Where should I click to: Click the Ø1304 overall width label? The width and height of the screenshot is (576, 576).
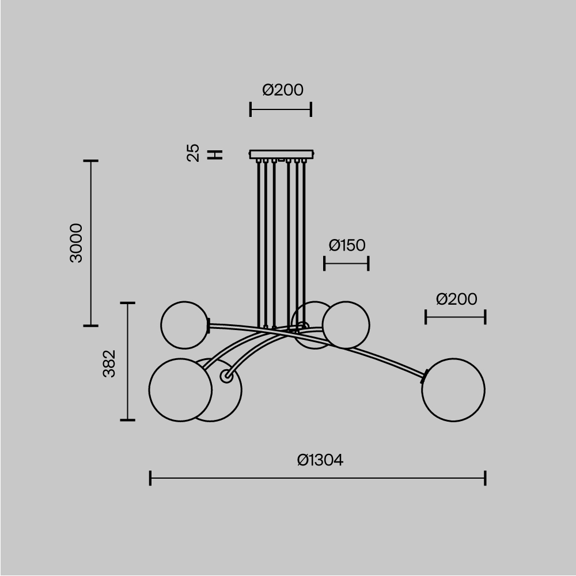(320, 460)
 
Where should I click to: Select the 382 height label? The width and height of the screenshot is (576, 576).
(109, 363)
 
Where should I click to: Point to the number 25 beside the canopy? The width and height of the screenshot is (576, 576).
(194, 153)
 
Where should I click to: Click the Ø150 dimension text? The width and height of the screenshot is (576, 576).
(347, 245)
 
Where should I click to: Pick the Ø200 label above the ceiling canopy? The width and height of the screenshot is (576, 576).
(282, 90)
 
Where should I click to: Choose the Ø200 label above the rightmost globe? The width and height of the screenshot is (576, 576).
(456, 299)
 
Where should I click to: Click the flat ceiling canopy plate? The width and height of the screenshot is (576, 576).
(282, 154)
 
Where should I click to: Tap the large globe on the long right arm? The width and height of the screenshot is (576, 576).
(453, 390)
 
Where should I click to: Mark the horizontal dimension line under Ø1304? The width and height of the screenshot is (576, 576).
(317, 478)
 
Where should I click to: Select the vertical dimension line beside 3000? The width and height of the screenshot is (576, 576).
(90, 243)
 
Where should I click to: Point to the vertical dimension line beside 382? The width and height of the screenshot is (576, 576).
(127, 361)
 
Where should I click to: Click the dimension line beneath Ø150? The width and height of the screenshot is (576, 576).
(346, 264)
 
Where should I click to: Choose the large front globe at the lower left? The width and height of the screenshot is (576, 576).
(180, 390)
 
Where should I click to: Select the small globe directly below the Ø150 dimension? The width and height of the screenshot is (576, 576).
(346, 325)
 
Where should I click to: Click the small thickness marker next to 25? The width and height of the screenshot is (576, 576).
(215, 154)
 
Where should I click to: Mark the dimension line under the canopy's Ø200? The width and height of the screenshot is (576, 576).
(281, 109)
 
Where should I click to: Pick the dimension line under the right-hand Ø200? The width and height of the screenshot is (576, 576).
(455, 317)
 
